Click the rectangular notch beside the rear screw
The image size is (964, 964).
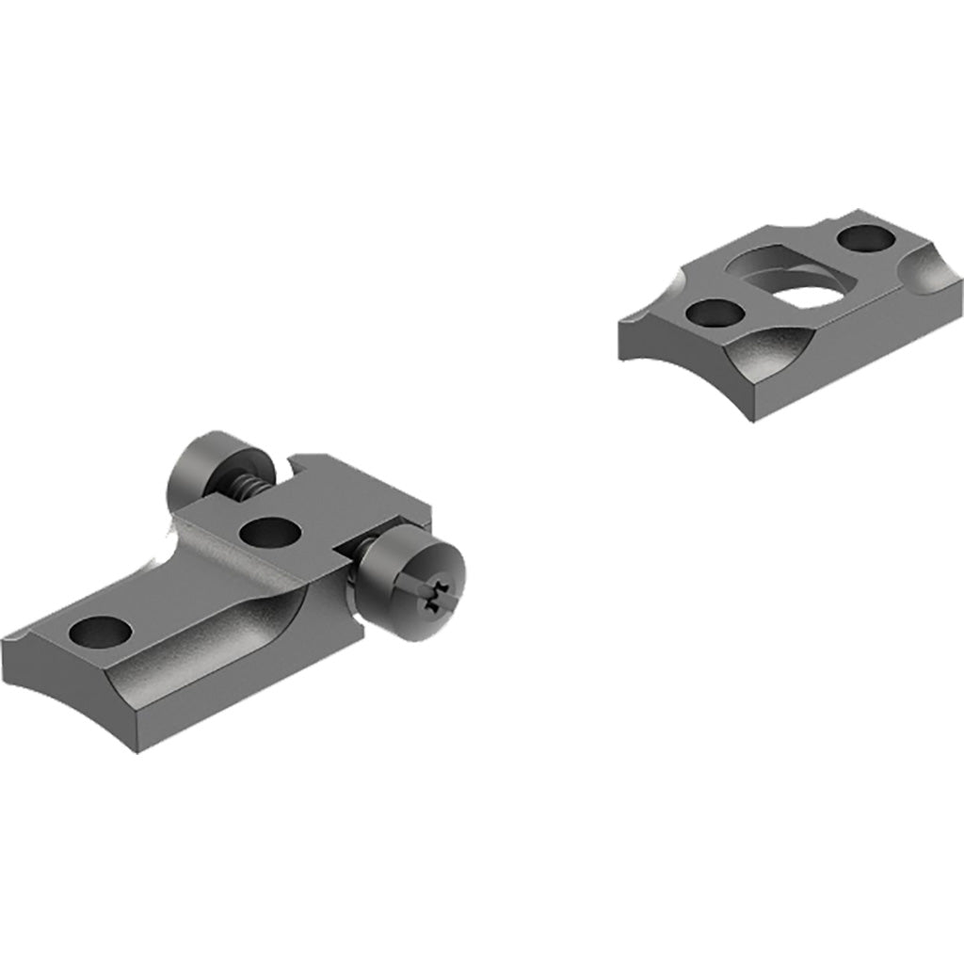click(311, 463)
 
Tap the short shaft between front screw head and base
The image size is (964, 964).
click(354, 569)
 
